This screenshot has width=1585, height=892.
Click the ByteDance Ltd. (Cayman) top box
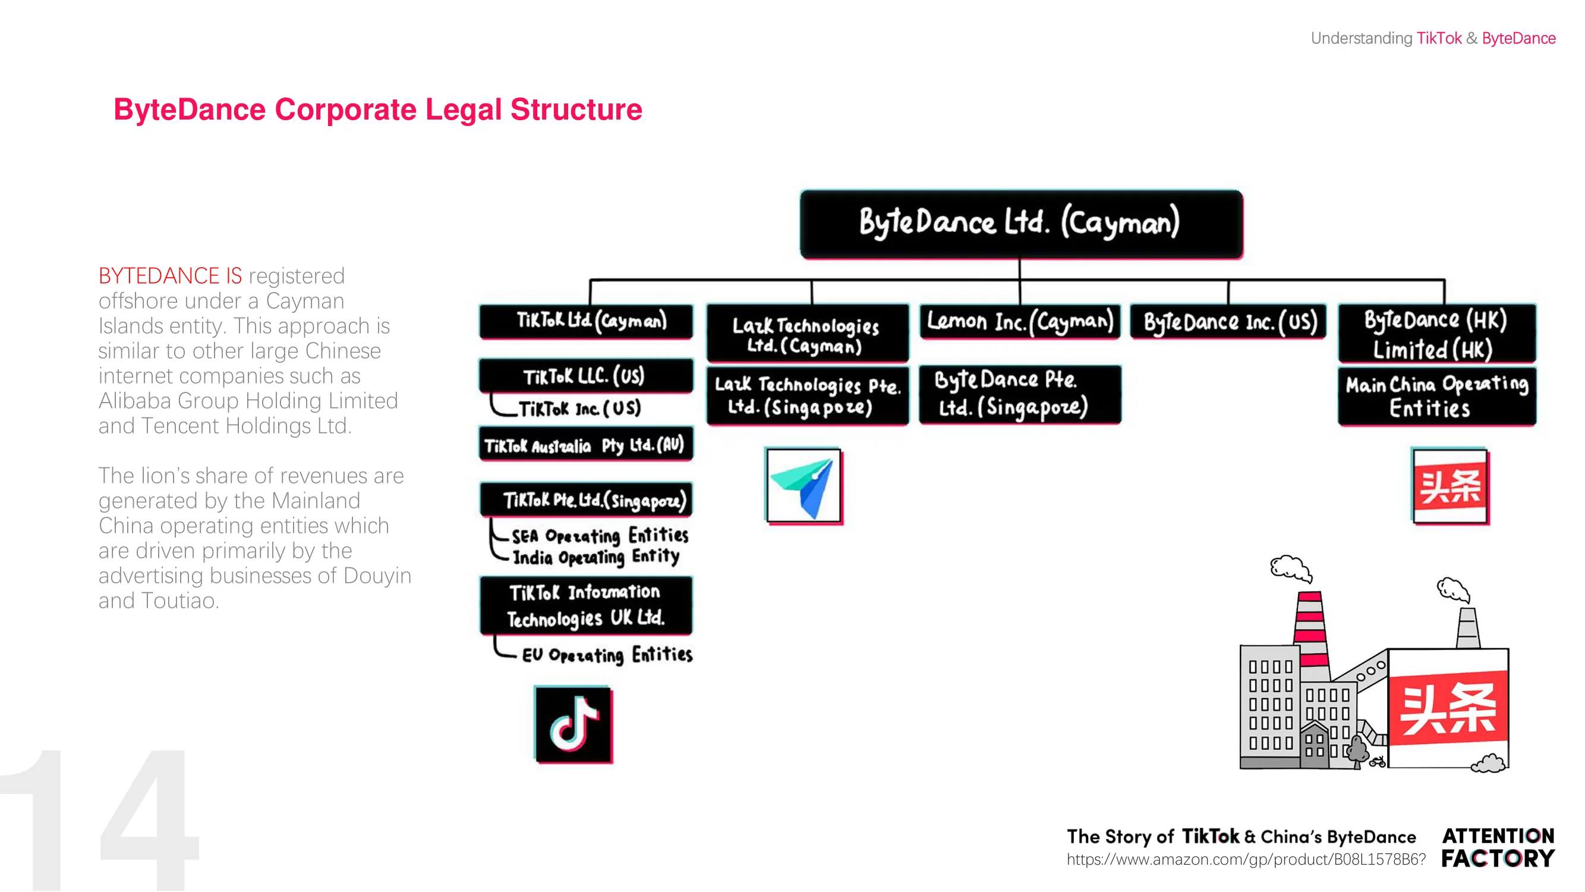tap(1022, 224)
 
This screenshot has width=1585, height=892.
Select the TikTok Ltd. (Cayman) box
tap(587, 321)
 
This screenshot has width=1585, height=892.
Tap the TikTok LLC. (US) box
tap(587, 375)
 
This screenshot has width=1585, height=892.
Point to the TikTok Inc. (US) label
tap(579, 408)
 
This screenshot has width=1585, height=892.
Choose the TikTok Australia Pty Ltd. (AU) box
tap(587, 444)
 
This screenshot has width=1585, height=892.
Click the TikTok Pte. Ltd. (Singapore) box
tap(587, 500)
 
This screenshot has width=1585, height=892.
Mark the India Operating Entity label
tap(596, 557)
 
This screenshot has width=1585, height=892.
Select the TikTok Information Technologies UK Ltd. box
tap(587, 605)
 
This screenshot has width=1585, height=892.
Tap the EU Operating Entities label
tap(607, 654)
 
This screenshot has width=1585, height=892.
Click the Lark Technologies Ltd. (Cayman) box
tap(808, 333)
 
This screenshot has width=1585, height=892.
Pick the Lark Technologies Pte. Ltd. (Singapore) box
tap(808, 395)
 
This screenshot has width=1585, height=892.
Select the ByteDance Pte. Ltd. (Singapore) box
tap(1020, 395)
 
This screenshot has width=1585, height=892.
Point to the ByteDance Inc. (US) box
tap(1229, 321)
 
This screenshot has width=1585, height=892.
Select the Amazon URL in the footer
tap(1246, 859)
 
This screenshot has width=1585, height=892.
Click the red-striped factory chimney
tap(1311, 629)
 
